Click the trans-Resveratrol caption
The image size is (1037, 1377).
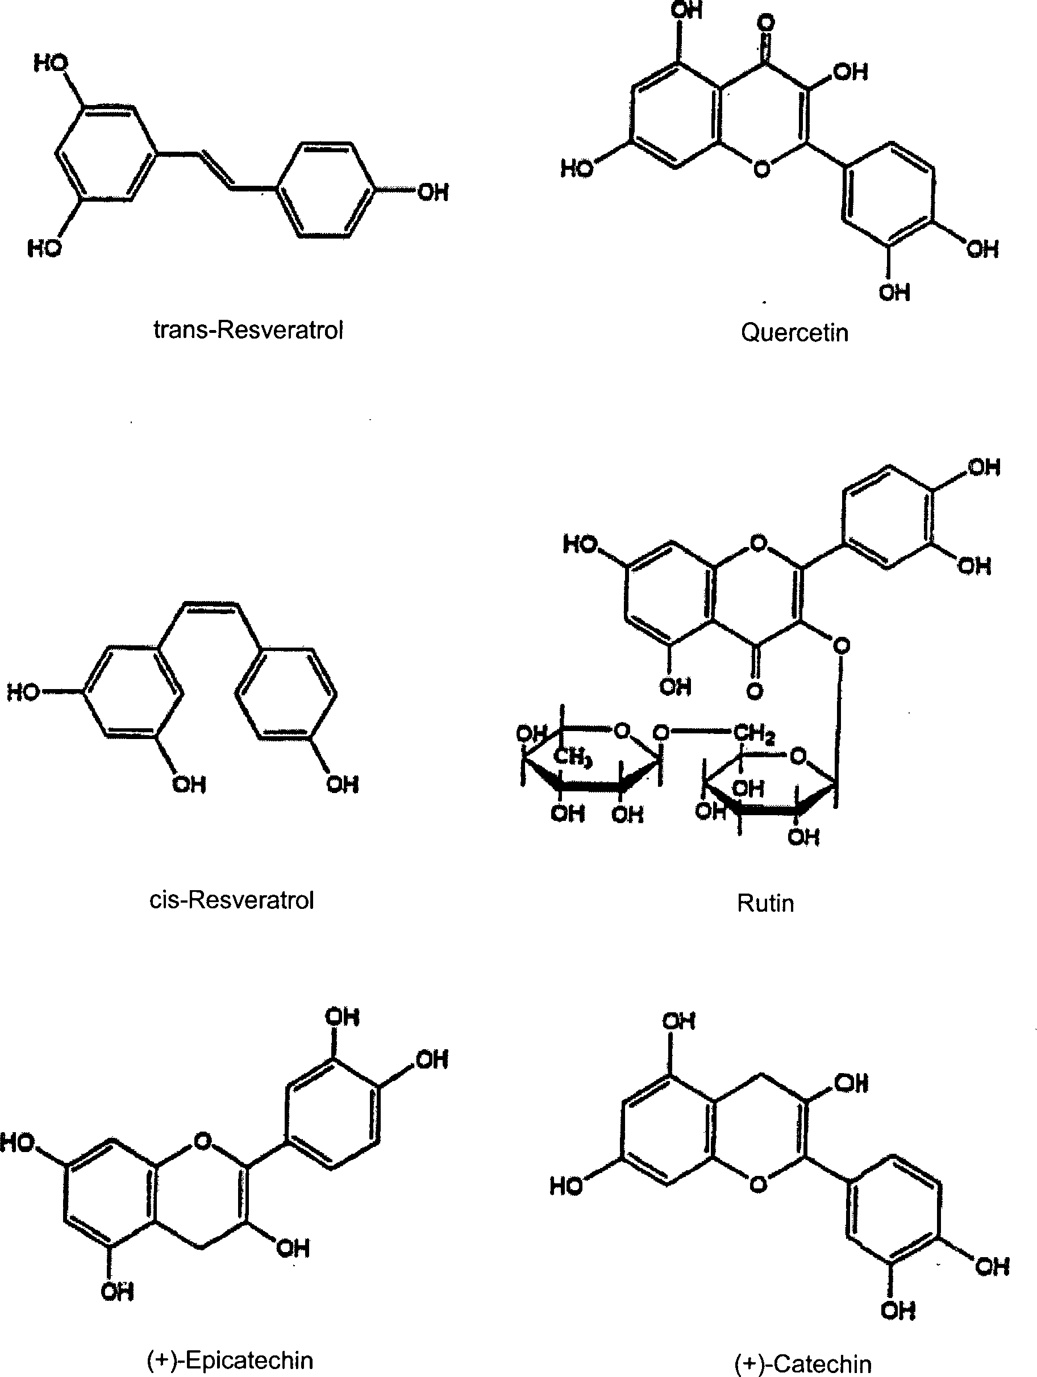[x=248, y=330]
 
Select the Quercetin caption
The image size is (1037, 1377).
[x=794, y=332]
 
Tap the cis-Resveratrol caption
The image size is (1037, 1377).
[x=232, y=900]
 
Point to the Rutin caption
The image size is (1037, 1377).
[x=765, y=903]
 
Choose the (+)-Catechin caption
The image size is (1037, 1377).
[x=802, y=1364]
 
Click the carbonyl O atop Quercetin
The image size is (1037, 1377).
[x=766, y=24]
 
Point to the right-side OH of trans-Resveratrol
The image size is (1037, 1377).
[x=433, y=193]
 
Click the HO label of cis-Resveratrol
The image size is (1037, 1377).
[x=23, y=692]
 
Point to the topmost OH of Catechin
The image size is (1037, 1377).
[x=678, y=1021]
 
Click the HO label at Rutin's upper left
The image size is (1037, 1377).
[x=580, y=544]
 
